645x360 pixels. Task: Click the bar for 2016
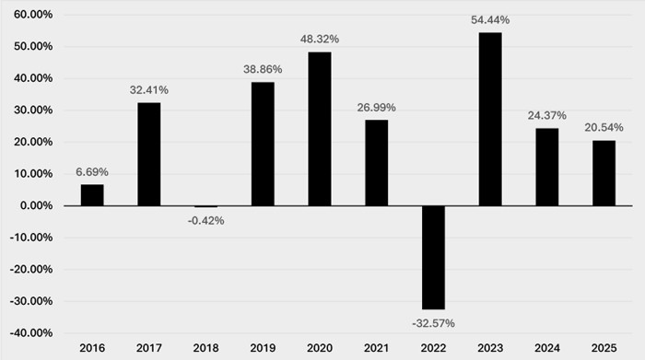point(92,195)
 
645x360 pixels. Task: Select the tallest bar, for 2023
point(490,119)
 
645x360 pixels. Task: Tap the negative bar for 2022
point(434,257)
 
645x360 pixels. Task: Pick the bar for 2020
point(320,129)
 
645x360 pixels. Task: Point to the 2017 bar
point(149,154)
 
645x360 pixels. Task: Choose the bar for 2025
point(604,173)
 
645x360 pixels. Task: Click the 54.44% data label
point(490,20)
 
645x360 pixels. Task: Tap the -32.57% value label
point(434,323)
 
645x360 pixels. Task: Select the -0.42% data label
point(206,221)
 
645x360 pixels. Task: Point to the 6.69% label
point(92,172)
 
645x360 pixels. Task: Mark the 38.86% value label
point(263,69)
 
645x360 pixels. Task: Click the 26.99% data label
point(376,108)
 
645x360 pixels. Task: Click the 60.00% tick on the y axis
point(33,15)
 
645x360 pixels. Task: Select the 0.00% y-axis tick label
point(36,205)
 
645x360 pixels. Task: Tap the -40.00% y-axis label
point(31,333)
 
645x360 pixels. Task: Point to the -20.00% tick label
point(31,269)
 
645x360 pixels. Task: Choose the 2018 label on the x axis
point(206,348)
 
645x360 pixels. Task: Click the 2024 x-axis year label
point(547,348)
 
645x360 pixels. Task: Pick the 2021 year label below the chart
point(376,348)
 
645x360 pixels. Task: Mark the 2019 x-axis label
point(263,348)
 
